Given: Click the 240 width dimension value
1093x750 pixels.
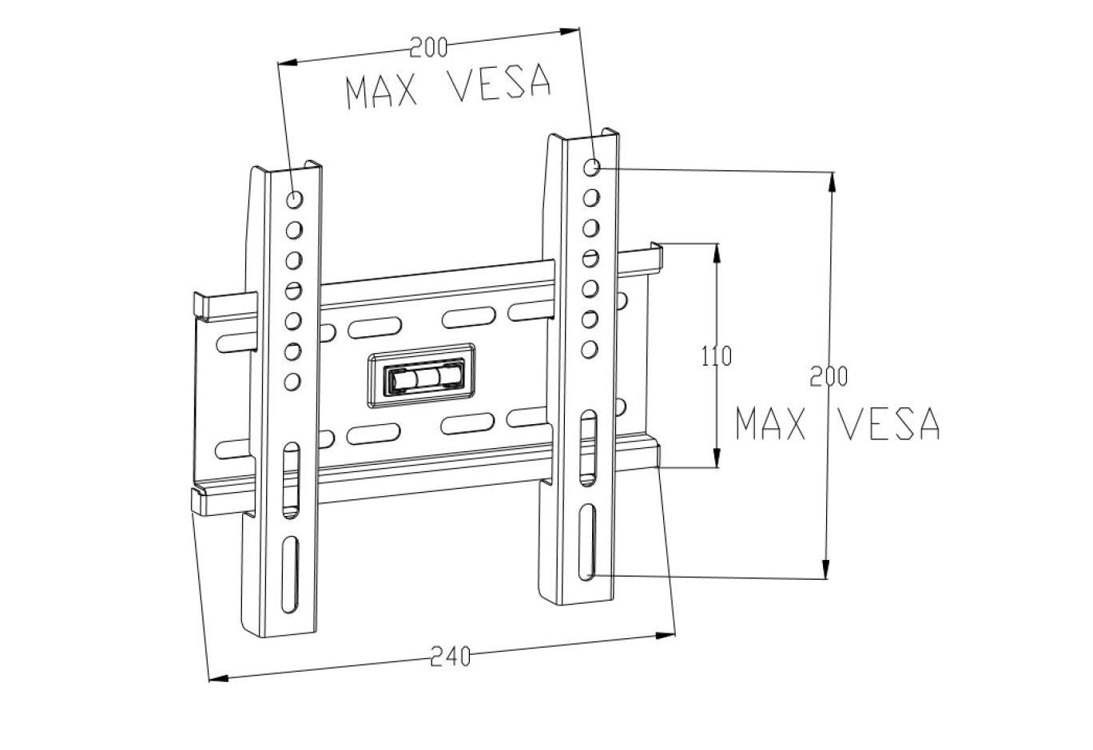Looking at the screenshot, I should (451, 657).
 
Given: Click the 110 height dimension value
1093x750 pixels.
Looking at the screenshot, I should (716, 355).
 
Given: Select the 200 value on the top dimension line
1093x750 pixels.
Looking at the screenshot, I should (428, 49).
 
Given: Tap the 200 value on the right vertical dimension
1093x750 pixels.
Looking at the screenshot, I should (829, 376).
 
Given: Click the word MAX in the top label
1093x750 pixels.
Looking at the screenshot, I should (382, 91).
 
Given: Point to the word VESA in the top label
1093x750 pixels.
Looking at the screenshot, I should (502, 83).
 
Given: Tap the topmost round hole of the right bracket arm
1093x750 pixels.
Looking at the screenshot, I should (592, 167).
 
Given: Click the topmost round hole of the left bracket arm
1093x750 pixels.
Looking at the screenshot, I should (294, 199).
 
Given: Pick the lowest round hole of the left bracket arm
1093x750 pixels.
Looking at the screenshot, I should (292, 381).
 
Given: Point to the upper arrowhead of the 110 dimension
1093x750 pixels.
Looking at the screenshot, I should (717, 251).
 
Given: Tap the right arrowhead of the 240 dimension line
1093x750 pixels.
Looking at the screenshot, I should (666, 636).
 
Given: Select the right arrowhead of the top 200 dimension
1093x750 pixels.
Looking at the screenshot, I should (569, 32).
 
